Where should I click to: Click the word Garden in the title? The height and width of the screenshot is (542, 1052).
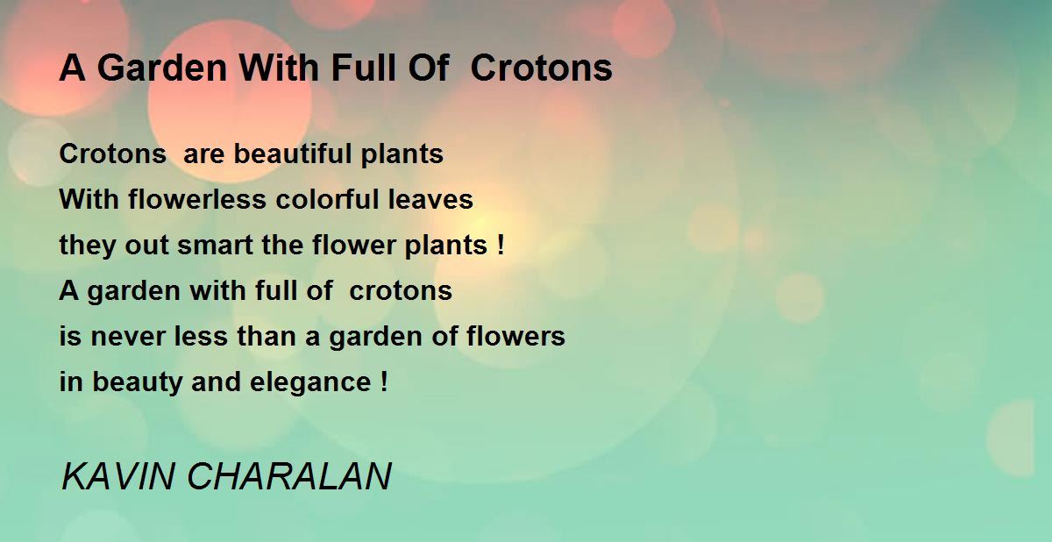click(x=162, y=68)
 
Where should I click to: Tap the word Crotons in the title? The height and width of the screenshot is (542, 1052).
click(x=542, y=68)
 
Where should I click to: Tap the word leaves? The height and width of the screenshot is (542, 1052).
click(x=430, y=199)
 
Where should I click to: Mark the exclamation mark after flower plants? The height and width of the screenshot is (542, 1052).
click(x=501, y=245)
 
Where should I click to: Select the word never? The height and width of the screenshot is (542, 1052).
click(x=127, y=337)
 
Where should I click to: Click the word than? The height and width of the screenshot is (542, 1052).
click(x=267, y=336)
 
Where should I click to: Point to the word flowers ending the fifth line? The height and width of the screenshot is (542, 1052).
click(x=515, y=336)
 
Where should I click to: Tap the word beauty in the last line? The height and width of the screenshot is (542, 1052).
click(x=137, y=382)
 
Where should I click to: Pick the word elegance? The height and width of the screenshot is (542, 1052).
click(x=311, y=382)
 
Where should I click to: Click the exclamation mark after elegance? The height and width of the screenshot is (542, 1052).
click(x=385, y=382)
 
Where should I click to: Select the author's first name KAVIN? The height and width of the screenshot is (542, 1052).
click(x=117, y=477)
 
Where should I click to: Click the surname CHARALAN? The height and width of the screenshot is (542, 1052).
click(x=289, y=477)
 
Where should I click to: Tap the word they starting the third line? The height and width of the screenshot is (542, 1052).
click(x=88, y=246)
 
